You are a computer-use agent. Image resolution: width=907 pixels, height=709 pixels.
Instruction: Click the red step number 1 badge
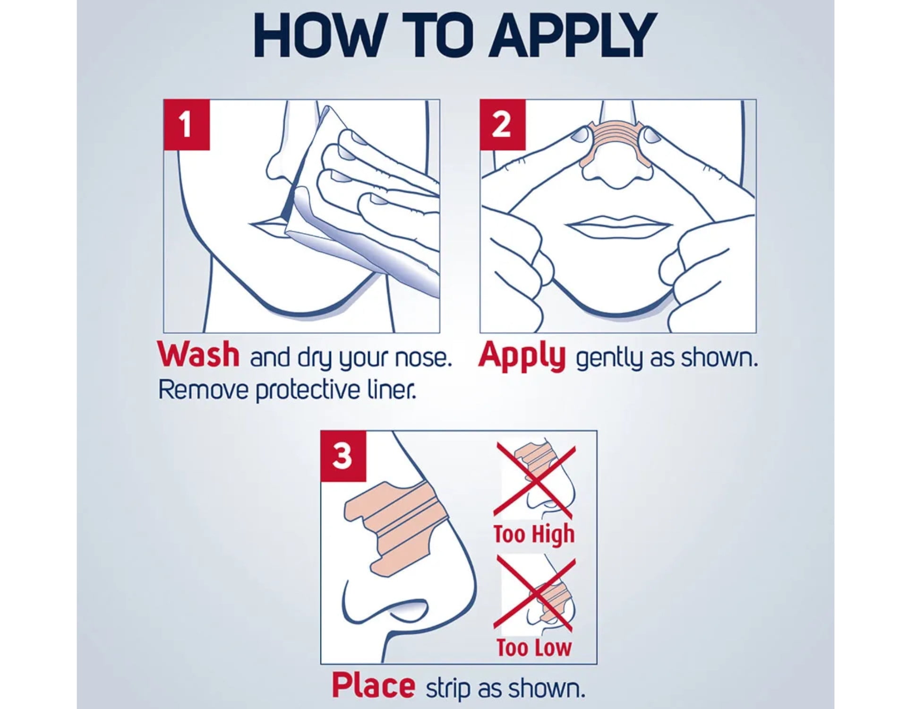pyautogui.click(x=187, y=125)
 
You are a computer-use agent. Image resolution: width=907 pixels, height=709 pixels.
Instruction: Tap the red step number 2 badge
pyautogui.click(x=503, y=125)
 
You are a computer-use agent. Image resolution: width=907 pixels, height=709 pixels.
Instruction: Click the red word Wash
pyautogui.click(x=199, y=355)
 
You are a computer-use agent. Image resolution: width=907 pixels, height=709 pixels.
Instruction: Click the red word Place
pyautogui.click(x=373, y=686)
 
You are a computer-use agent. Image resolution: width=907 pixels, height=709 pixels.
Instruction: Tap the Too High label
pyautogui.click(x=534, y=535)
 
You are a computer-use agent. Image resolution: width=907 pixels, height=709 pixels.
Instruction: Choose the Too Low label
pyautogui.click(x=534, y=647)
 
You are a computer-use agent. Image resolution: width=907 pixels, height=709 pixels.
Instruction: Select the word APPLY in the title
pyautogui.click(x=572, y=35)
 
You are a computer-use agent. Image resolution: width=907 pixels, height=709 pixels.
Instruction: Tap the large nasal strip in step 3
pyautogui.click(x=392, y=525)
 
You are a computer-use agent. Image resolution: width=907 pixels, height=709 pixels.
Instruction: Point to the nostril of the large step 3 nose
pyautogui.click(x=411, y=608)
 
